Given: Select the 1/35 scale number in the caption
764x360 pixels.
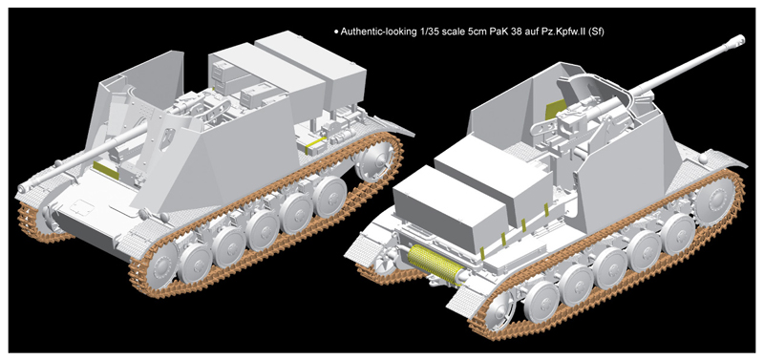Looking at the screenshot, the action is (x=427, y=32).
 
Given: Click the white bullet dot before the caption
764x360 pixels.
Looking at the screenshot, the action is (x=336, y=32).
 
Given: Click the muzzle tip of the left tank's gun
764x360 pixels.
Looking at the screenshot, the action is (x=22, y=187).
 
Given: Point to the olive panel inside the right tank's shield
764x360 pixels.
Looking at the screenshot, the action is (x=554, y=109).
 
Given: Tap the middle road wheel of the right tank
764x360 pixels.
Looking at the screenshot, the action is (x=610, y=267).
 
